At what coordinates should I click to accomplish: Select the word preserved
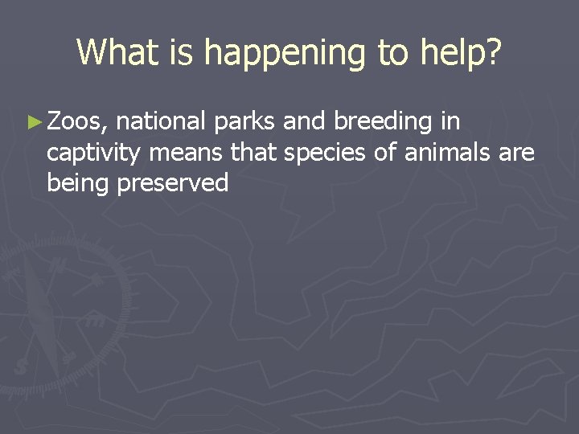coord(173,184)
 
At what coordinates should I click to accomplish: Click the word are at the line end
coord(516,153)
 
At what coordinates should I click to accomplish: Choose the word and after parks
coord(302,121)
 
